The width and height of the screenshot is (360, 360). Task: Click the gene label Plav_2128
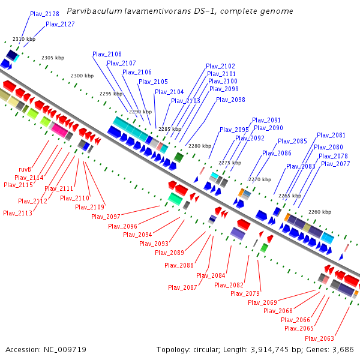[44, 14]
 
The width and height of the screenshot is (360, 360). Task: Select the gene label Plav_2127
[60, 25]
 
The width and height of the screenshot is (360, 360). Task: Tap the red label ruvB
[25, 170]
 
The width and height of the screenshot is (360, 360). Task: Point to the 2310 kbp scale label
[24, 39]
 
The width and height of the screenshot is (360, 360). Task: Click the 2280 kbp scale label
[200, 146]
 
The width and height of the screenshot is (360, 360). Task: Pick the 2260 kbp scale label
[319, 212]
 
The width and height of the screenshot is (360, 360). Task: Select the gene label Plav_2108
[107, 55]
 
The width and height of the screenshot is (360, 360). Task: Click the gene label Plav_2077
[335, 164]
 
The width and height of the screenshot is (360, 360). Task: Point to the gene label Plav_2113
[17, 213]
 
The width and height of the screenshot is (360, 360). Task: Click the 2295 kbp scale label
[110, 94]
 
